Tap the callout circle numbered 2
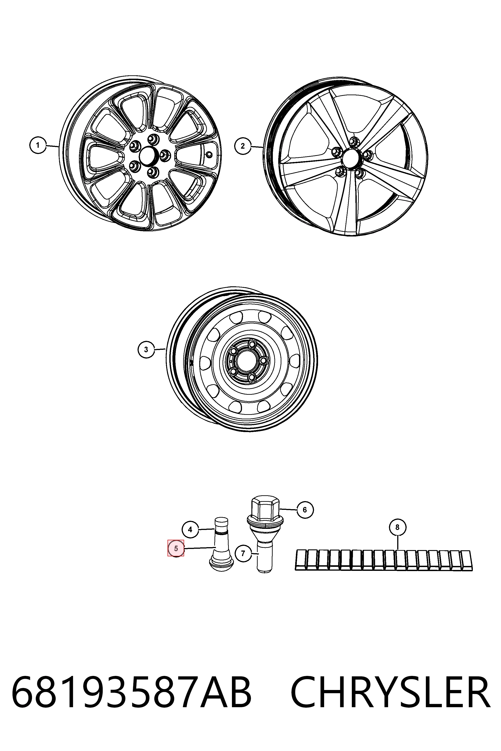point(243,146)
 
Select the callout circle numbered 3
point(146,349)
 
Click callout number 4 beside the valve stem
point(190,530)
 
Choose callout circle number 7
point(243,553)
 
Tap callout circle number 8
point(397,527)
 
